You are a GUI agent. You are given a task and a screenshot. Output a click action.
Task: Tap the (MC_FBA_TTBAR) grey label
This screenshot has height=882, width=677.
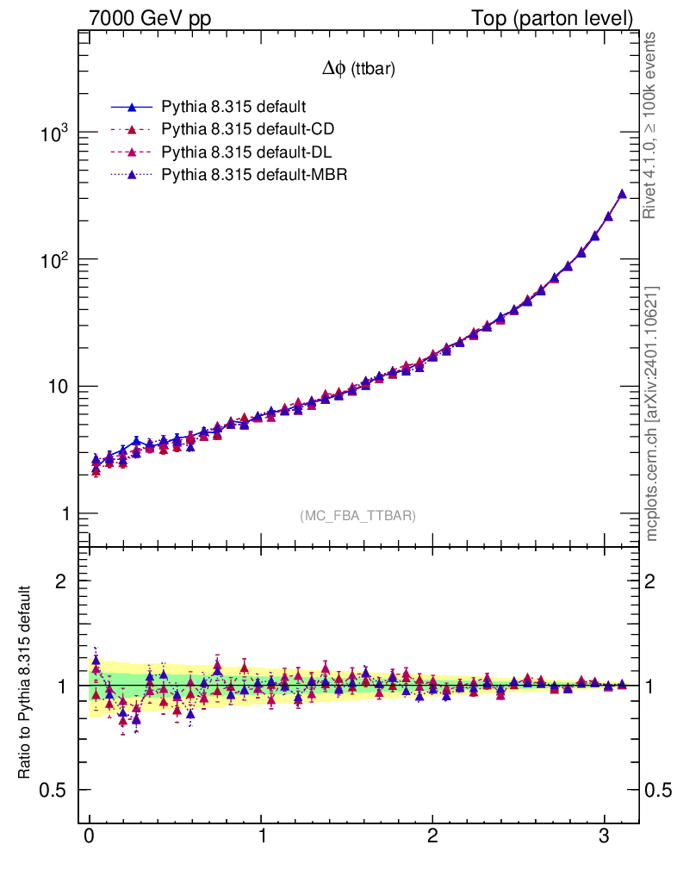pos(358,516)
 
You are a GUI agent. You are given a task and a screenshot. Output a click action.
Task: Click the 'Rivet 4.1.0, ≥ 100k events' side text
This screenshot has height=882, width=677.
pos(651,126)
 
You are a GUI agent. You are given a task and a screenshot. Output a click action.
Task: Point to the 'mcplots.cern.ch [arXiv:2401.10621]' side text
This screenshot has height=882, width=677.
pos(652,413)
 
